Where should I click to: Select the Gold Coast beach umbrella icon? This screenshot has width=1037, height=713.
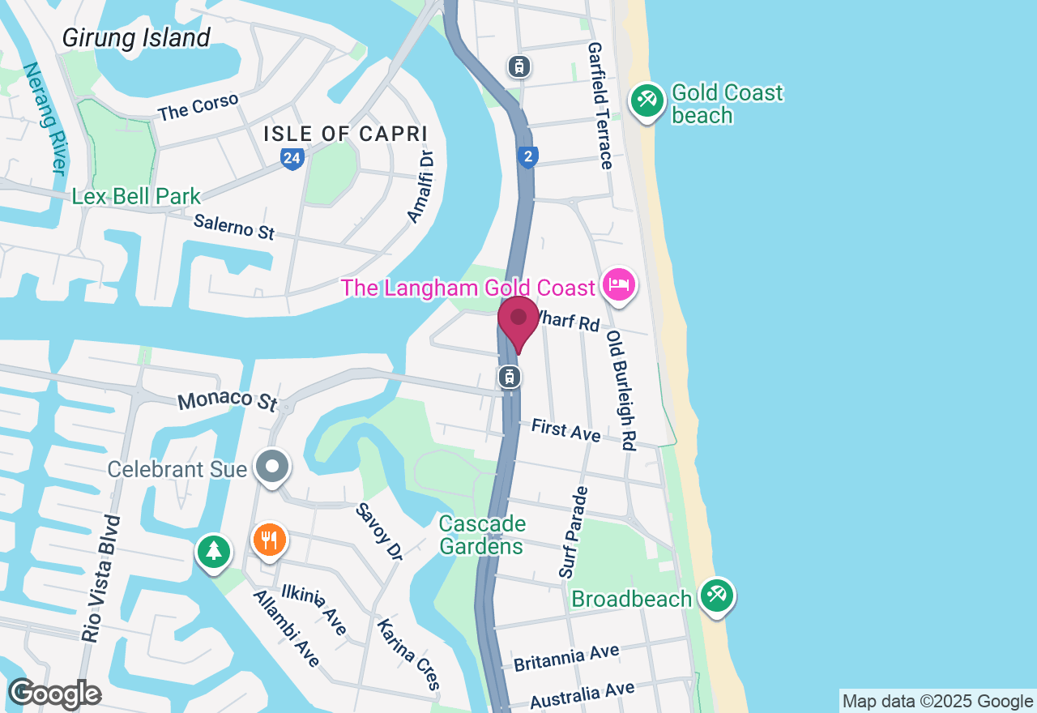point(647,101)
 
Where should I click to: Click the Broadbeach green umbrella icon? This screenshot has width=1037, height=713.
point(717,596)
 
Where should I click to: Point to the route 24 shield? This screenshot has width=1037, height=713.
point(292,159)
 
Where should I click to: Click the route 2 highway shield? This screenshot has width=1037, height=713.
point(527,156)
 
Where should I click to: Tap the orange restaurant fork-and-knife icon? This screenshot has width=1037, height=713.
point(270,540)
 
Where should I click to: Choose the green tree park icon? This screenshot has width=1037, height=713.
point(214,552)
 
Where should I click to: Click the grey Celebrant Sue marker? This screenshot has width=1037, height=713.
point(273,467)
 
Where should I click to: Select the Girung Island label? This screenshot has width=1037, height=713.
point(136,37)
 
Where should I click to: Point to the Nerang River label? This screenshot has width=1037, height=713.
point(45,118)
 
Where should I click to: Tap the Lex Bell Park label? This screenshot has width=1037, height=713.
point(136,196)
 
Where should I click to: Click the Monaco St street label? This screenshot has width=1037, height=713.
point(227,400)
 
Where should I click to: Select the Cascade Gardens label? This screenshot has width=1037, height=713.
point(482,535)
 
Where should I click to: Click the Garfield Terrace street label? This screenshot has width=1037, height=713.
point(600,105)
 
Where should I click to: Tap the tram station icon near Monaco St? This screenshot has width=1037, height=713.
point(510,377)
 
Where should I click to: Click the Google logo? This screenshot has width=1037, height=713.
point(54,694)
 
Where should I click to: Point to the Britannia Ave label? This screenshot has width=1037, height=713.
point(566,658)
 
